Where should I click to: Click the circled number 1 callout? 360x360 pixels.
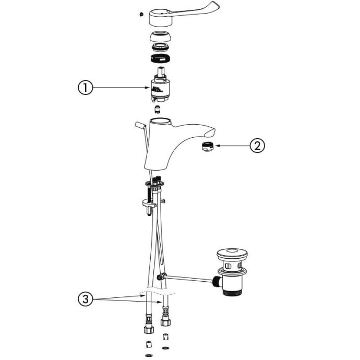coord(86,88)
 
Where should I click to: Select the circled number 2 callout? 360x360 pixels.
coord(257,146)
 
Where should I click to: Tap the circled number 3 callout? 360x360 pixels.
coord(86,299)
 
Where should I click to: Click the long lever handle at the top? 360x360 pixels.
coord(184,14)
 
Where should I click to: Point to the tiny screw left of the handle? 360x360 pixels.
coord(141,14)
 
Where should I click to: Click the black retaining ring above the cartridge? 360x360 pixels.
coord(161,58)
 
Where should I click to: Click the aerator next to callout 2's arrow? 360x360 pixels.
coord(207,147)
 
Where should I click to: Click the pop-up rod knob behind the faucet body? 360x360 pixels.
coord(140,125)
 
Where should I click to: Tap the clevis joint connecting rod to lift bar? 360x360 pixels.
coord(161,277)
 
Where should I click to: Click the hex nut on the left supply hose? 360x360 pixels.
coord(149,329)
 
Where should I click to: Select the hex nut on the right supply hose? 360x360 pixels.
coord(165,322)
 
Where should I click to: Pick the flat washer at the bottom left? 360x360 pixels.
coord(149,355)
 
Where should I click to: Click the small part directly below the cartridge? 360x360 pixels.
coord(158,109)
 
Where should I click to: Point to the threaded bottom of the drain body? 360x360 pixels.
coord(232,292)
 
